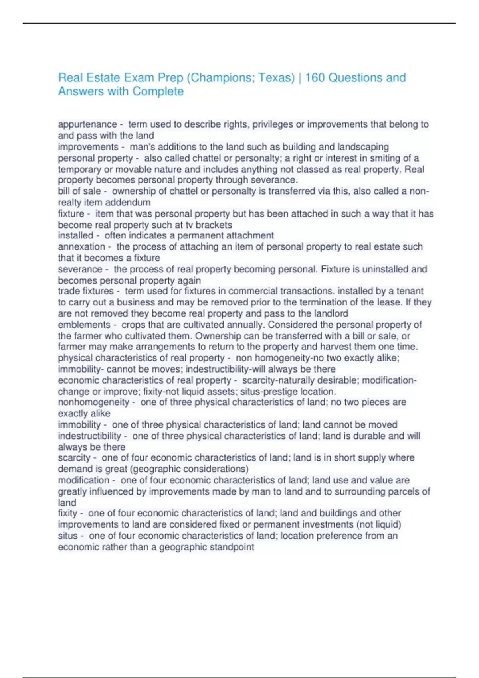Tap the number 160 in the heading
tap(315, 77)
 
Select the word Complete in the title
tap(158, 91)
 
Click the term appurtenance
tap(87, 124)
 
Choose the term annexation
tap(81, 247)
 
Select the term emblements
tap(84, 325)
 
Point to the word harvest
tap(352, 347)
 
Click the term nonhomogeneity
tap(93, 402)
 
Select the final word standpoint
tap(232, 547)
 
